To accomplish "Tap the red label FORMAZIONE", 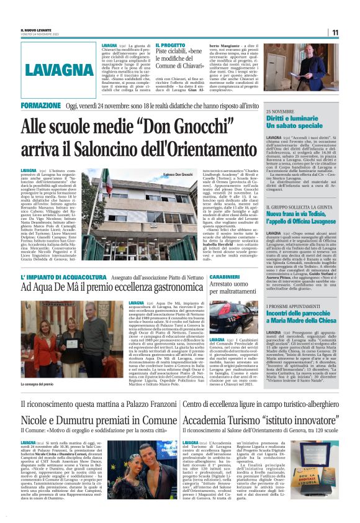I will [x=41, y=106].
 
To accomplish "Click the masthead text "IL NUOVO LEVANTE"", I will [x=37, y=29].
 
